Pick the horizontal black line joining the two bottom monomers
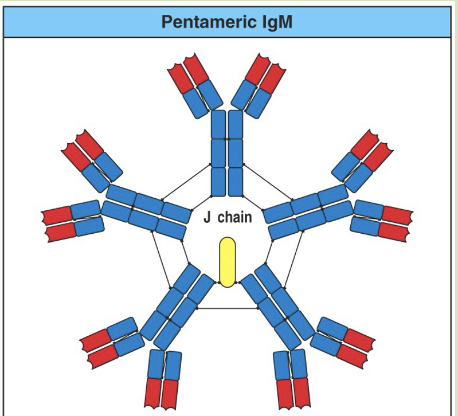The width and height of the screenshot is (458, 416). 228,308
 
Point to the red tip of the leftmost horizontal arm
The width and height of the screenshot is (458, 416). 58,224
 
